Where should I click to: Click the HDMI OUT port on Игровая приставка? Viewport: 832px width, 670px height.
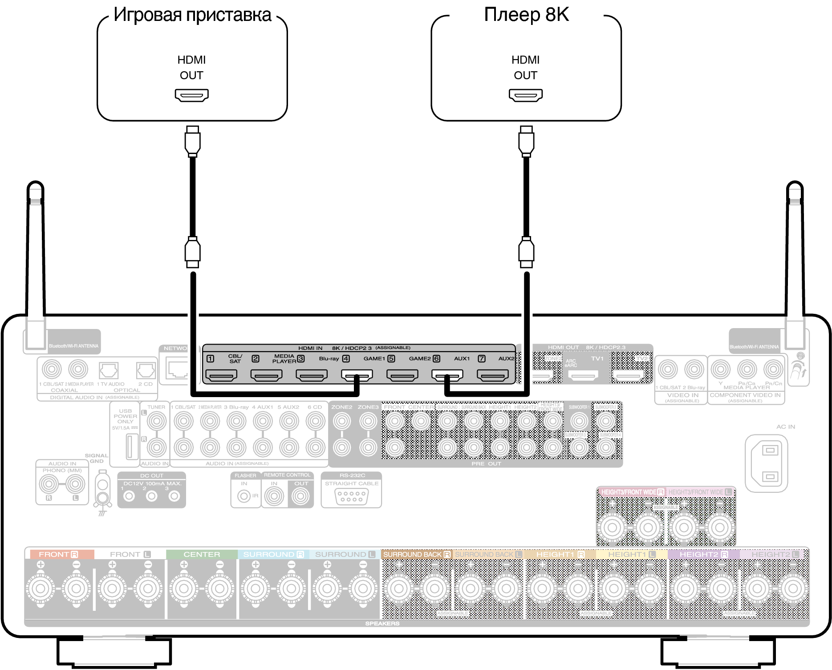click(191, 95)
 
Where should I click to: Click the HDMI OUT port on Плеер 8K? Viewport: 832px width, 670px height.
click(525, 95)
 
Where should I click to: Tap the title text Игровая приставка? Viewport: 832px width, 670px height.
click(192, 15)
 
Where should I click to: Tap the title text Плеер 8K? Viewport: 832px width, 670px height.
click(526, 15)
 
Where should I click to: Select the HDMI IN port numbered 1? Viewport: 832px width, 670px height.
click(221, 376)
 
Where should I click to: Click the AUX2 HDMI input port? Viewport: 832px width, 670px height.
click(493, 376)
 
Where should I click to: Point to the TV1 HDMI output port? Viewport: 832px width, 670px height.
click(584, 376)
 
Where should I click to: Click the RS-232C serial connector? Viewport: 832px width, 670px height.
click(351, 496)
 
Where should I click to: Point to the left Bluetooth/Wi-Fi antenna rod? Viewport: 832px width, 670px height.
click(35, 249)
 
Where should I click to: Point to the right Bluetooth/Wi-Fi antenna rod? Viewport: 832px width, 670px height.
click(795, 249)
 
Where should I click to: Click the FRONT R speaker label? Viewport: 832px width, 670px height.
click(58, 554)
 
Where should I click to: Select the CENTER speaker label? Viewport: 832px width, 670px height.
click(202, 554)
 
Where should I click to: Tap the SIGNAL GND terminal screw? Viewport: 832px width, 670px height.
click(103, 485)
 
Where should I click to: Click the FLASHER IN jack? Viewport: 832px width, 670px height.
click(244, 496)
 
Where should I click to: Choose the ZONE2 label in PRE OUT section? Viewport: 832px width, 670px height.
click(341, 407)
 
